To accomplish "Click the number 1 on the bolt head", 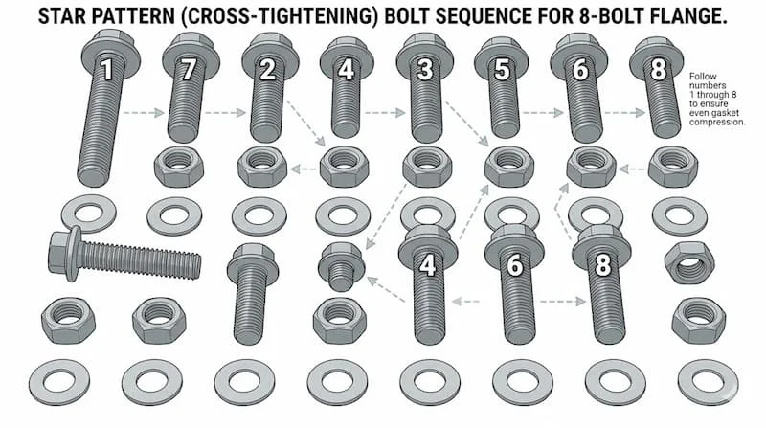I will point(108,69).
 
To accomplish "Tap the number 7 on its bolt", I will point(189,69).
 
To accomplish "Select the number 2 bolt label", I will point(268,69).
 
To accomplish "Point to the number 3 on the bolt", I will point(425,69).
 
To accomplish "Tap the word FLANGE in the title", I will point(687,17).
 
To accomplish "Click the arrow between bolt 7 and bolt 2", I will point(223,113).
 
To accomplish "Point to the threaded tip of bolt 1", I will point(93,175).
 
